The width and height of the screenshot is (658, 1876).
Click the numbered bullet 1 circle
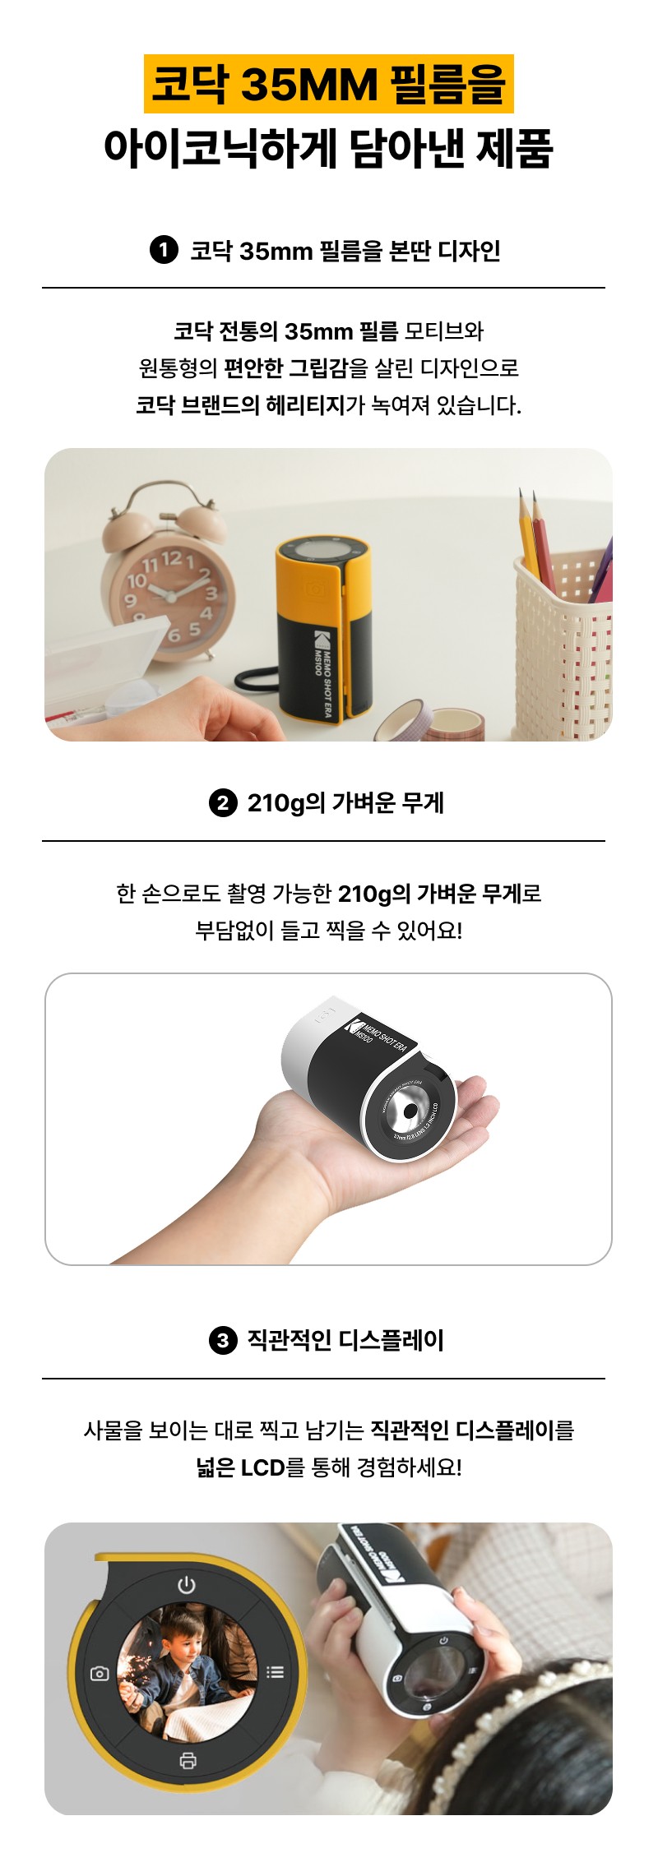164,250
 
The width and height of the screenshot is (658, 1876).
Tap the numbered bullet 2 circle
223,802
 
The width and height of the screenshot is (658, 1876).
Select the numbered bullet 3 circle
223,1341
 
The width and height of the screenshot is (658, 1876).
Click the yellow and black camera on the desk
322,626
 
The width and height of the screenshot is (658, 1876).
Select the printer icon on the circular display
188,1760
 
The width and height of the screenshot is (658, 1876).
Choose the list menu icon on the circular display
275,1671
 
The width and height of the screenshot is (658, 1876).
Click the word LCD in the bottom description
262,1468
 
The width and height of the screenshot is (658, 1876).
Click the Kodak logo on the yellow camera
321,641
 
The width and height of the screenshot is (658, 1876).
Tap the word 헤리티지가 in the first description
316,404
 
